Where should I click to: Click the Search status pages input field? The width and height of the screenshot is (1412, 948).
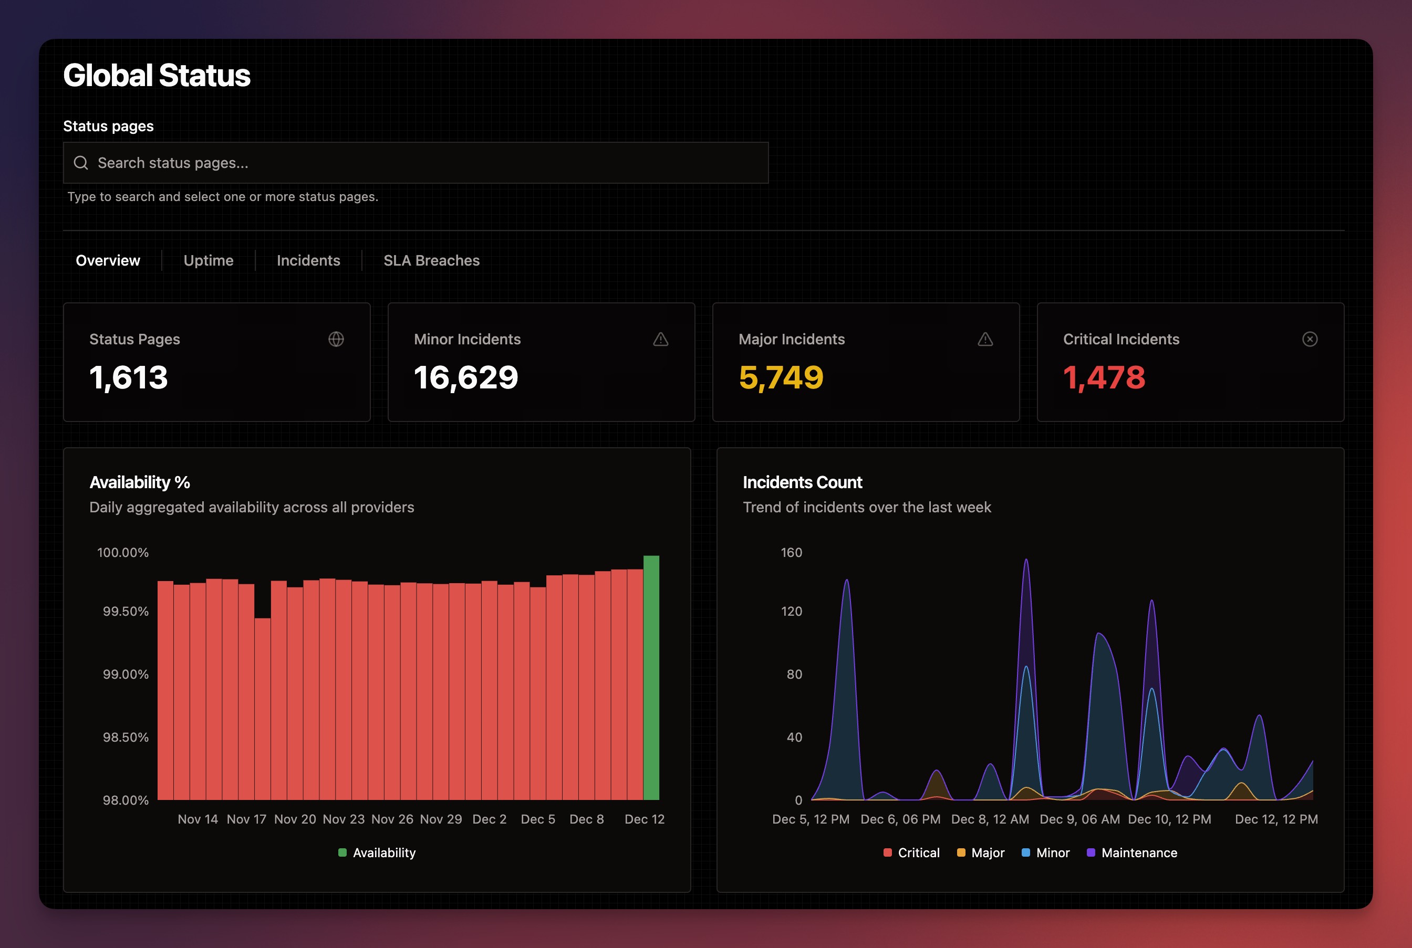415,163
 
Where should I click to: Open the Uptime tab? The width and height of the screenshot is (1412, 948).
208,260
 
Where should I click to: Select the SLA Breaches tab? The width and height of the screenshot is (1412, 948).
431,260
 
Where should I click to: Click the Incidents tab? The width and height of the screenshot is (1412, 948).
308,260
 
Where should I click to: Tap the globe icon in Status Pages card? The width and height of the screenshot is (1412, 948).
336,339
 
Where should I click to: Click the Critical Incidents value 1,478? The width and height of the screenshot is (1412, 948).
1104,378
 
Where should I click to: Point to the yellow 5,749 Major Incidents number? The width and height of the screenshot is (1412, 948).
781,378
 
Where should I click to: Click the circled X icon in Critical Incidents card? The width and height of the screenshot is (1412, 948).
1309,339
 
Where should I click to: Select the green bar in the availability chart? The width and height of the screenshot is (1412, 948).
651,677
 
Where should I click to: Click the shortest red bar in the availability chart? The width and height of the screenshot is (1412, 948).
263,708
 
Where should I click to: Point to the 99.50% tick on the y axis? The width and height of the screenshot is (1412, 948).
125,611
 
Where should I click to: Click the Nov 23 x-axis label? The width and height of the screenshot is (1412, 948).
344,819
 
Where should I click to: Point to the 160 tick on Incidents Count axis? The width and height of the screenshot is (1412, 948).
791,553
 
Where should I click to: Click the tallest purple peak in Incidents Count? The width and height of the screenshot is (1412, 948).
1026,562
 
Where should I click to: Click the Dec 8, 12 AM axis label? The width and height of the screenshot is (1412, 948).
990,819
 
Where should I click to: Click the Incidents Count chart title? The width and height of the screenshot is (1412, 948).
802,482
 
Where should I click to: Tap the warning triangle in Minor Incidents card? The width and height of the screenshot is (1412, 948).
661,339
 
